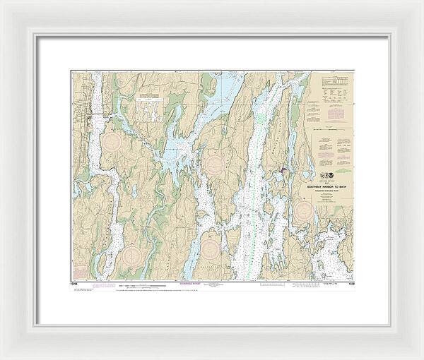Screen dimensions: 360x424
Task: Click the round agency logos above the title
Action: pyautogui.click(x=331, y=172)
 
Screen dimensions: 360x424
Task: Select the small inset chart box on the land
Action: pyautogui.click(x=148, y=102)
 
